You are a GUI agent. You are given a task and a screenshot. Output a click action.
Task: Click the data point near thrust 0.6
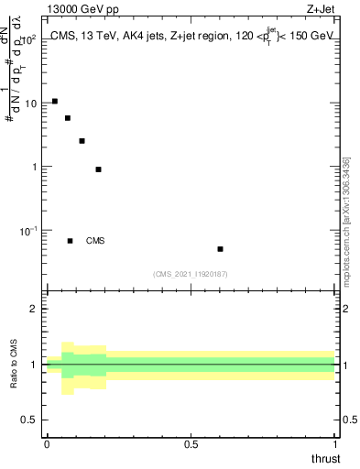pos(220,249)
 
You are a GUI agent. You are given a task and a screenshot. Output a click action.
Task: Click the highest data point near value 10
pos(55,101)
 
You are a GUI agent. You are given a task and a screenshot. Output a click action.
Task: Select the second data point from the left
pos(68,118)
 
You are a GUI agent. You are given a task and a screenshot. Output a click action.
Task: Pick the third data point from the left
pos(82,141)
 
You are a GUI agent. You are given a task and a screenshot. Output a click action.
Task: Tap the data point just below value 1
pos(98,169)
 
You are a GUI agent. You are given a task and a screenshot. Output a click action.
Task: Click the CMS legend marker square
pos(70,241)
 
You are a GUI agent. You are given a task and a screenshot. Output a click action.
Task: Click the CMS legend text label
pos(95,241)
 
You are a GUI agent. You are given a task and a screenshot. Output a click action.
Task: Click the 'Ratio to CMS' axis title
pos(14,365)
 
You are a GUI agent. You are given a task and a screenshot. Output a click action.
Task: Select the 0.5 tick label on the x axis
pos(191,444)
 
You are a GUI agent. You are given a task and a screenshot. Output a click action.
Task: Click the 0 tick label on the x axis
pos(47,444)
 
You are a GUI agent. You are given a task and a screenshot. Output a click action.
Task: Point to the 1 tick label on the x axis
pos(334,444)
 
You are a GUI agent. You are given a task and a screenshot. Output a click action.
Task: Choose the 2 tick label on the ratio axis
pos(34,310)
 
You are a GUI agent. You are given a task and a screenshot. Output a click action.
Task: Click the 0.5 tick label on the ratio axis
pos(29,420)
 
